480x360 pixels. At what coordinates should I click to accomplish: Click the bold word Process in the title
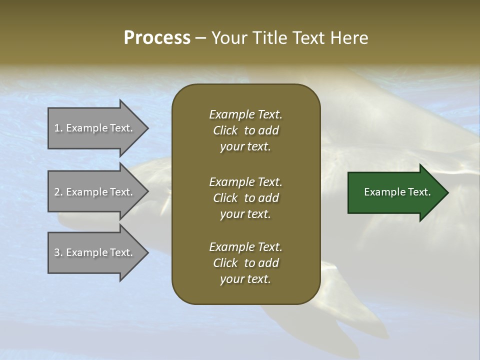click(x=157, y=38)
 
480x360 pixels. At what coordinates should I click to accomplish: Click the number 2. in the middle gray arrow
click(x=58, y=192)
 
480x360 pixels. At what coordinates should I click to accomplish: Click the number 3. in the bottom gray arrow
click(x=58, y=252)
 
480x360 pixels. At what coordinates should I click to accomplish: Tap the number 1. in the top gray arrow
click(x=58, y=128)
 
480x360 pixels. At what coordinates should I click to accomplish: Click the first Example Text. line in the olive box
click(x=245, y=114)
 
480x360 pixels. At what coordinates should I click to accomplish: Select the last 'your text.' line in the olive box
click(x=245, y=279)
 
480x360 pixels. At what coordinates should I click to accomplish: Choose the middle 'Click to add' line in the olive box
click(x=245, y=198)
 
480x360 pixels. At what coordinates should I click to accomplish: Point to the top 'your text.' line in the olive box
click(x=245, y=146)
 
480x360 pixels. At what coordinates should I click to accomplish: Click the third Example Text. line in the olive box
click(x=245, y=247)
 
